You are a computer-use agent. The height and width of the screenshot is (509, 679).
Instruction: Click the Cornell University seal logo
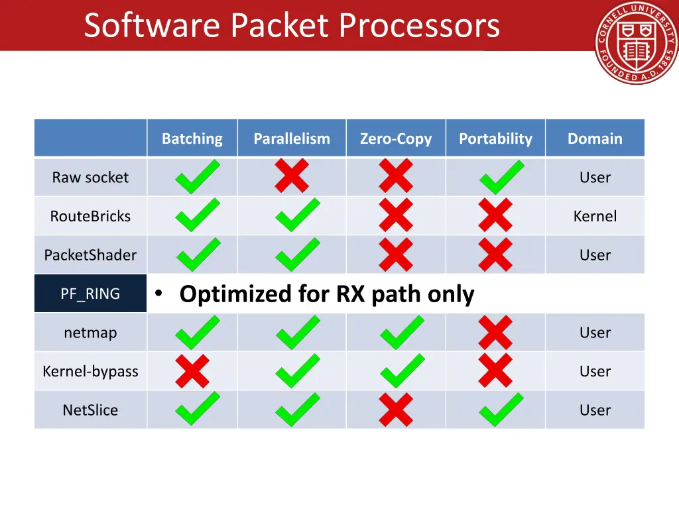coord(636,42)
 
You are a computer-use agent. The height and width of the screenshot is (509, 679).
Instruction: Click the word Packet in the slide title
coord(279,26)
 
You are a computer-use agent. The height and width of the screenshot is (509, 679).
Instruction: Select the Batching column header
coord(192,139)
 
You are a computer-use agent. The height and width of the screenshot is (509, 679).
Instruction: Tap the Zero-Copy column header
coord(396,139)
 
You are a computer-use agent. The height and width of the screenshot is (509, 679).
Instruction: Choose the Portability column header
coord(495,139)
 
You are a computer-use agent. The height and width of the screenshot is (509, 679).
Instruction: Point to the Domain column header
coord(595,139)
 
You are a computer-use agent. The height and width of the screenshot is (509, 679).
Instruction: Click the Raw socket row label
coord(90,178)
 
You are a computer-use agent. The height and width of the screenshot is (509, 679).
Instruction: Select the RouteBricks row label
coord(90,216)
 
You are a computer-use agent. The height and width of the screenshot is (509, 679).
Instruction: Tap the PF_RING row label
coord(90,294)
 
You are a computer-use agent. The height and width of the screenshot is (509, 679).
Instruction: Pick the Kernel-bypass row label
coord(90,371)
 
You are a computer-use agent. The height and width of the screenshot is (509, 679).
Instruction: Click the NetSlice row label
coord(90,410)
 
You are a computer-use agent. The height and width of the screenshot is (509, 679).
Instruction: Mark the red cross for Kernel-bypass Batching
coord(192,371)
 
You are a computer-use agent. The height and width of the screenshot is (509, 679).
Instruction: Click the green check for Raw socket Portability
coord(501,177)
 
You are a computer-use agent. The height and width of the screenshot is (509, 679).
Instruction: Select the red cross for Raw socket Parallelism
coord(292,177)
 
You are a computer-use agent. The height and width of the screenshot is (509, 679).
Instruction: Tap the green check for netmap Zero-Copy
coord(401,332)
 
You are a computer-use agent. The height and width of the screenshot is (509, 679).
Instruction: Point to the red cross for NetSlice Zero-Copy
coord(396,410)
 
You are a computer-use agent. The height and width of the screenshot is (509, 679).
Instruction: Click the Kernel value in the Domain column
coord(595,216)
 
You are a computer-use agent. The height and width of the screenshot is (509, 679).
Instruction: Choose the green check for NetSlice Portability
coord(501,410)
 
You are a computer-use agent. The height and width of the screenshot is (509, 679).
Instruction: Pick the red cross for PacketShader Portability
coord(495,255)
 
